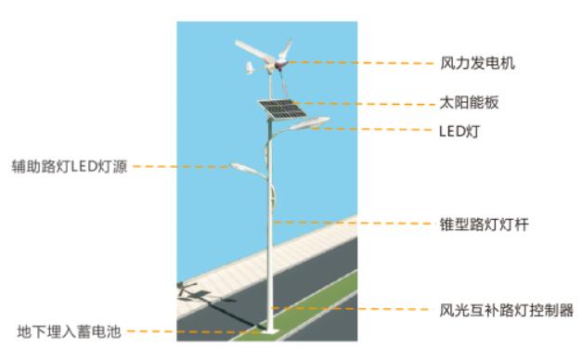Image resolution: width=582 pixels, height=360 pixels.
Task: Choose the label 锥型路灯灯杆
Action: [x=476, y=224]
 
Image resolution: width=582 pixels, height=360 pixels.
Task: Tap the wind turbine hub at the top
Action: [x=278, y=62]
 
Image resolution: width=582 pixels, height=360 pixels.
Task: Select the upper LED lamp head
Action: [x=307, y=122]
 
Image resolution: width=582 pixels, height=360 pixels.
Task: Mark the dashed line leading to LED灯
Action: [x=371, y=129]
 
